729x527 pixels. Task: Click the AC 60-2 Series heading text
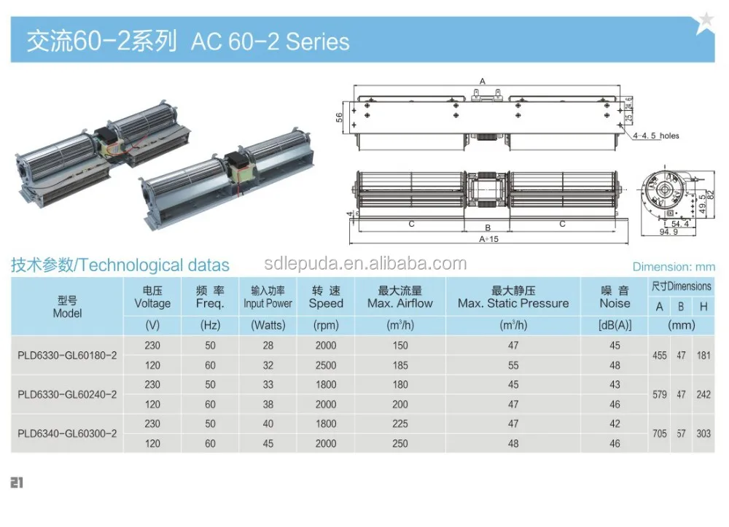(270, 42)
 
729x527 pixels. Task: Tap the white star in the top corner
(705, 22)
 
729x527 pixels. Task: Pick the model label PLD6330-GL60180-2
(67, 356)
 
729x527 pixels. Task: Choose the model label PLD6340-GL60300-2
(67, 434)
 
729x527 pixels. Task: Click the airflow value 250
(399, 443)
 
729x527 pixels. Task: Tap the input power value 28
(268, 346)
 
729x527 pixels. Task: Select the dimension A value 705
(660, 434)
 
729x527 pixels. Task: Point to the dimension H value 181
(703, 356)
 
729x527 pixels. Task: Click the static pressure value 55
(513, 365)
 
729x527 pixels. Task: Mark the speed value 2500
(326, 365)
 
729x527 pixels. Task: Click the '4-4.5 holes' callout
(655, 136)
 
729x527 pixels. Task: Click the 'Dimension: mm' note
(674, 268)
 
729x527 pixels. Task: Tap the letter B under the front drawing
(488, 227)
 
